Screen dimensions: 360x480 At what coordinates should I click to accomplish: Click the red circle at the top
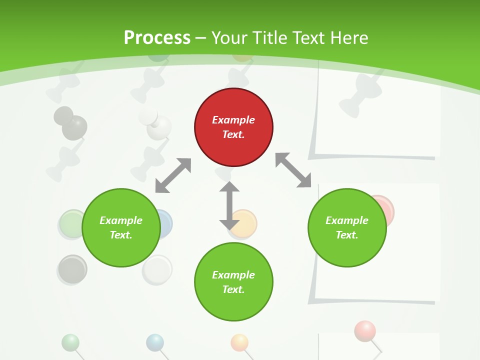tap(233, 127)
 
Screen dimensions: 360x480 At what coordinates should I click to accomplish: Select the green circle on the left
tap(121, 227)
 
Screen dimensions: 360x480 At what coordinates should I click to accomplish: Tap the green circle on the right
tap(347, 227)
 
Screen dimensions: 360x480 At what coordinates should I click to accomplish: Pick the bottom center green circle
tap(233, 282)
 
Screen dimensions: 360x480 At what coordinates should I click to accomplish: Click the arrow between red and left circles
tap(173, 175)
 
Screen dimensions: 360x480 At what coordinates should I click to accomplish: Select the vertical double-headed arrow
tap(229, 205)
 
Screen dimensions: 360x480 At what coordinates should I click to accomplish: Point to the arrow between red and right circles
tap(293, 170)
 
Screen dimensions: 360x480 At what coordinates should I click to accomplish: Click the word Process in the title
tap(157, 38)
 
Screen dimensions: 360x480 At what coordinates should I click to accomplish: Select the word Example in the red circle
tap(233, 120)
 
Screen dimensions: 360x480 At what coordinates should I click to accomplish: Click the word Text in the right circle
tap(347, 235)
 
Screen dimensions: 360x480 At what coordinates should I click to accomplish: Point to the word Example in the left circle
tap(121, 220)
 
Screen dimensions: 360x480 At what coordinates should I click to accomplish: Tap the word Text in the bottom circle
tap(233, 289)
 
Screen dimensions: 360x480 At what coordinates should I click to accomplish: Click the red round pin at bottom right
tap(365, 330)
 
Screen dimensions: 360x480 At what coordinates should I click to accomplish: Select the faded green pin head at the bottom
tap(70, 342)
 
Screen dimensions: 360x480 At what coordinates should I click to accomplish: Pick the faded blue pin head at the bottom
tap(155, 342)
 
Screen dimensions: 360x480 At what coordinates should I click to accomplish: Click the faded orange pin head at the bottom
tap(239, 342)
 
